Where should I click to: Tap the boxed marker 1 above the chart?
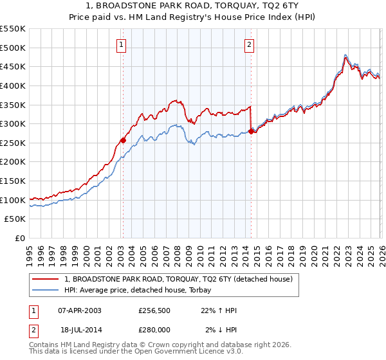(x=122, y=44)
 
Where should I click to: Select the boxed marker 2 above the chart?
(x=249, y=44)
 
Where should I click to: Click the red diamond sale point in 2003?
(x=123, y=140)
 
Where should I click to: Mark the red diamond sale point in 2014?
(x=251, y=131)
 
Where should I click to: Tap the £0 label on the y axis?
(x=21, y=239)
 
